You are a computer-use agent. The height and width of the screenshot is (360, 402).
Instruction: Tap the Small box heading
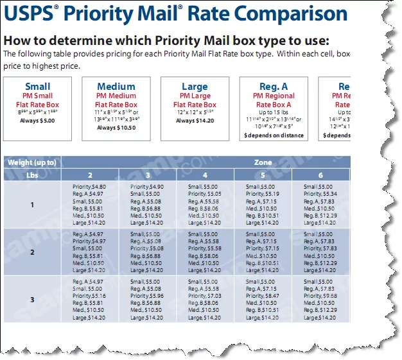[x=37, y=87]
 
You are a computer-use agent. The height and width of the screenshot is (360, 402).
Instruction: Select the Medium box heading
[x=116, y=87]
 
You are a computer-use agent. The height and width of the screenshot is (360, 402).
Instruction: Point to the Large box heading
[x=195, y=87]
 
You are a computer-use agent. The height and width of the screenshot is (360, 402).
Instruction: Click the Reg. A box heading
[x=273, y=87]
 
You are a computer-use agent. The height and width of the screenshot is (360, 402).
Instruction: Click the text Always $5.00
[x=37, y=121]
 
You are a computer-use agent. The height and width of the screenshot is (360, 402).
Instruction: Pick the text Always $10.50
[x=116, y=128]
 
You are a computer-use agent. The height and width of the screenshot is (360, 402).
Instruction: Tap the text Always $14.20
[x=195, y=121]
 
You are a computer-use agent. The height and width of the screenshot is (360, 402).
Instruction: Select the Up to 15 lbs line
[x=273, y=112]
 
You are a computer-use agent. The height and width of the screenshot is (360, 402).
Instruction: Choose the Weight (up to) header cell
[x=32, y=163]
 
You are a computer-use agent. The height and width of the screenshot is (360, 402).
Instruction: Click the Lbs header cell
[x=32, y=175]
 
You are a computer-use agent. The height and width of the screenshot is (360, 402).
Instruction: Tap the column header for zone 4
[x=205, y=175]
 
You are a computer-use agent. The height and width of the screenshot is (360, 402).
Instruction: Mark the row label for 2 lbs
[x=32, y=253]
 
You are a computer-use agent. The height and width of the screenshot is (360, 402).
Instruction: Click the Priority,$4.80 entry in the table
[x=87, y=186]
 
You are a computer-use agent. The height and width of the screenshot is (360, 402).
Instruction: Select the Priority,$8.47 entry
[x=263, y=296]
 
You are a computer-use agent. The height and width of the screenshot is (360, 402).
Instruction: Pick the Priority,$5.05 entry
[x=205, y=193]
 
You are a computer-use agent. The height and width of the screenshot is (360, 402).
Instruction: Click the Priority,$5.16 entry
[x=87, y=296]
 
